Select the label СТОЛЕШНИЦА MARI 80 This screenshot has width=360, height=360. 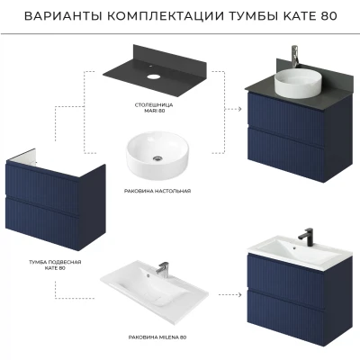pyautogui.click(x=154, y=108)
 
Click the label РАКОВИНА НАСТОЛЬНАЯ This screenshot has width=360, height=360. pyautogui.click(x=157, y=191)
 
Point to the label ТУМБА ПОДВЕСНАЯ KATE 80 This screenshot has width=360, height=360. pyautogui.click(x=55, y=265)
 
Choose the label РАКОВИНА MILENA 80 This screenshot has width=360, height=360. pyautogui.click(x=157, y=337)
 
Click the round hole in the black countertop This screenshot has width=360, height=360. pyautogui.click(x=153, y=76)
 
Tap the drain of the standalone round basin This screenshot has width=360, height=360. pyautogui.click(x=157, y=158)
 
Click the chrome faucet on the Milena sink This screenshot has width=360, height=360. pyautogui.click(x=162, y=268)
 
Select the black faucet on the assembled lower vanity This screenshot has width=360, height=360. pyautogui.click(x=306, y=234)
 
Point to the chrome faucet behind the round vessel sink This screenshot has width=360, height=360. pyautogui.click(x=295, y=56)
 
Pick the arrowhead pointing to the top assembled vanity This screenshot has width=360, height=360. pyautogui.click(x=239, y=109)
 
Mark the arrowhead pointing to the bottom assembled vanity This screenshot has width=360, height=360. pyautogui.click(x=239, y=294)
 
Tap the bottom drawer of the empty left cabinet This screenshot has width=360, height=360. pyautogui.click(x=42, y=223)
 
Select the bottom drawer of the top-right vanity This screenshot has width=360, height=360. pyautogui.click(x=285, y=155)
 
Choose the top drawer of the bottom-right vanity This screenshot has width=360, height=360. pyautogui.click(x=285, y=277)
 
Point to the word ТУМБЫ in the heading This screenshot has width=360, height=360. pyautogui.click(x=255, y=16)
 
